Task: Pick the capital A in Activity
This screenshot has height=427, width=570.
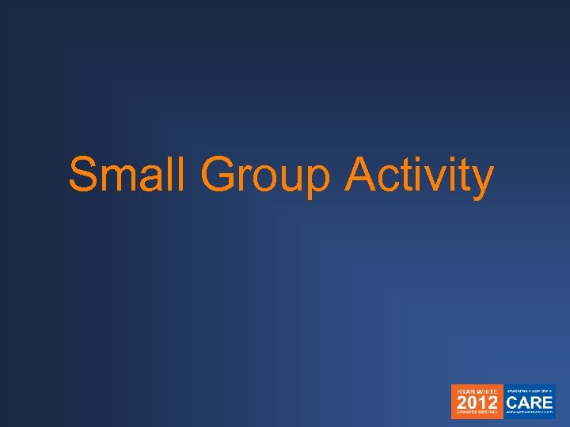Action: tap(361, 175)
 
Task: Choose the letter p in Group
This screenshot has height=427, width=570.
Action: tap(316, 181)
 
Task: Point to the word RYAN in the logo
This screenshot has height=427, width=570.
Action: tap(464, 391)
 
